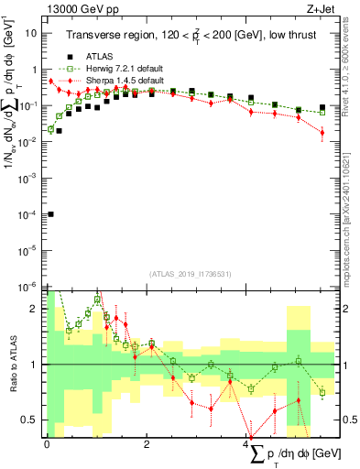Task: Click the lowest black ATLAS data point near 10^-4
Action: click(x=50, y=213)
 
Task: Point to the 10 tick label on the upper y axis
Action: click(x=32, y=33)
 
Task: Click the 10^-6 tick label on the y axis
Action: click(x=29, y=286)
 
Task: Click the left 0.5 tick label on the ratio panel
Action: click(x=32, y=420)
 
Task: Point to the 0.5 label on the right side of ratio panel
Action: click(x=350, y=420)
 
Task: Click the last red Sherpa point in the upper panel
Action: click(x=322, y=133)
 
